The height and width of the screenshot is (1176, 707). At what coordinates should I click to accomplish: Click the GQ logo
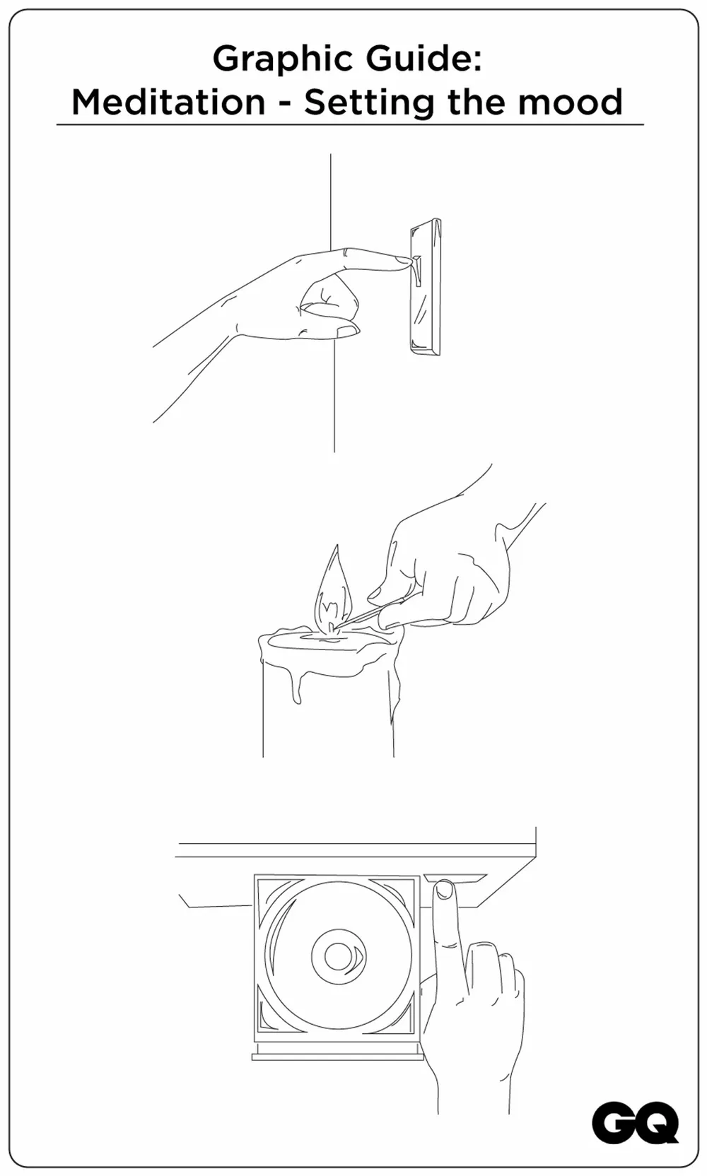[635, 1125]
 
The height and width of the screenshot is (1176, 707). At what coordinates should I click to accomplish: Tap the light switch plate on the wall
[426, 286]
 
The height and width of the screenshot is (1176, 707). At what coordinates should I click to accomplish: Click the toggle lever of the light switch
[416, 271]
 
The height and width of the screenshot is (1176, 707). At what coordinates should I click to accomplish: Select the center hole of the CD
[336, 956]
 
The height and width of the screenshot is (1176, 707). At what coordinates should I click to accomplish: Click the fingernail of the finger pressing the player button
[445, 890]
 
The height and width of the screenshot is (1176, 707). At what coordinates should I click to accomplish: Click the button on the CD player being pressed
[455, 878]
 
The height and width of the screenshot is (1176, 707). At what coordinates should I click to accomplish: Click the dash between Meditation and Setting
[284, 105]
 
